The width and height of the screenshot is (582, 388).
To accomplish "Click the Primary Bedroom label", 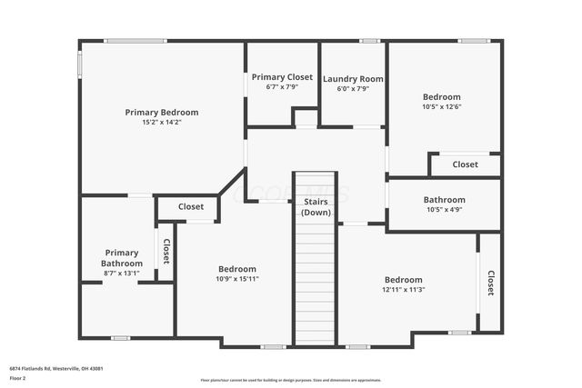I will [161, 112].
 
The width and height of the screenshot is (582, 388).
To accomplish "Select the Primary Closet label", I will [282, 77].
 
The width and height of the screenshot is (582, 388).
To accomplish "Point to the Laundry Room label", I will [353, 79].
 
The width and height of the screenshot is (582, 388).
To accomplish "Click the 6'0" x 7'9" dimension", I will [353, 89].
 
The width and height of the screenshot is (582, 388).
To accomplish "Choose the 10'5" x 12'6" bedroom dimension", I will [441, 106].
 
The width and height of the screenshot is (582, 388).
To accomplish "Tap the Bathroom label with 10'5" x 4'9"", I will [444, 200].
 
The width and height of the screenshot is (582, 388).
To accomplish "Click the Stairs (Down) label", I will [316, 206].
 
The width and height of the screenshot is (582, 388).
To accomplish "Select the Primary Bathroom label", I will [121, 258].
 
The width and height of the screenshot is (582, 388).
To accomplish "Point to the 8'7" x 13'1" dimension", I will [121, 273].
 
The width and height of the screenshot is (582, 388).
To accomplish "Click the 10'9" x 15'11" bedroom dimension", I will [236, 279].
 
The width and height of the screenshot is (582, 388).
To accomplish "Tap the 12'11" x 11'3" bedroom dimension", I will [403, 289].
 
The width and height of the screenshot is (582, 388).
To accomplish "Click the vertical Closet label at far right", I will [490, 283].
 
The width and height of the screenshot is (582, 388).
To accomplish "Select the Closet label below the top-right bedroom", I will [465, 164].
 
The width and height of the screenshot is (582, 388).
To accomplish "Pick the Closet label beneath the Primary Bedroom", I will [190, 206].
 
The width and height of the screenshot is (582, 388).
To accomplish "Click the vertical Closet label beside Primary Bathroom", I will [166, 251].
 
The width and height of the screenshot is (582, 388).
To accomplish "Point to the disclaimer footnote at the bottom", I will [290, 380].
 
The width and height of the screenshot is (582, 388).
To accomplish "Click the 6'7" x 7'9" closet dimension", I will [282, 87].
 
